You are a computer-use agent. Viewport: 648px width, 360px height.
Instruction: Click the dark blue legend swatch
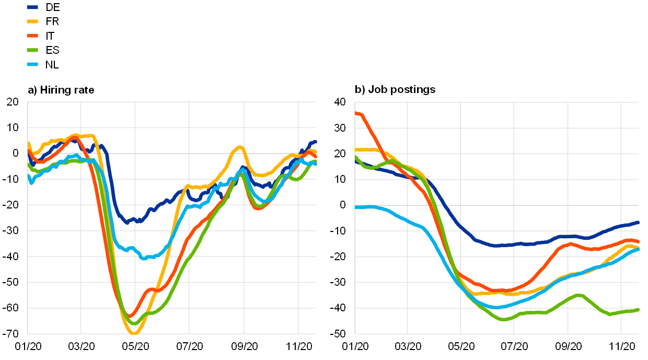pos(32,7)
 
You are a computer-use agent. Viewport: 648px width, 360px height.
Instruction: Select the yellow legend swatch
pos(32,21)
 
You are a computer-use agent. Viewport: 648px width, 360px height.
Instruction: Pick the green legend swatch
pos(32,50)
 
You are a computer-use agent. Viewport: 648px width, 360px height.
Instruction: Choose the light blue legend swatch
pos(32,64)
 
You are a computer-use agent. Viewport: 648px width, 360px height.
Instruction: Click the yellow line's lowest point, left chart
pos(134,332)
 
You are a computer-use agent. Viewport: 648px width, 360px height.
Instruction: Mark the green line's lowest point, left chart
pos(134,323)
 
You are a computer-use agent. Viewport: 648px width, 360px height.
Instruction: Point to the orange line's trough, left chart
pos(131,315)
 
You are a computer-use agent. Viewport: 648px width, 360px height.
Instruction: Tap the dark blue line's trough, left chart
pos(127,222)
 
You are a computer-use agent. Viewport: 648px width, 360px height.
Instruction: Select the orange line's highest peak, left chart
pos(75,137)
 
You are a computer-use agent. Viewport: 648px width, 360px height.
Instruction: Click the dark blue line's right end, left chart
pos(315,142)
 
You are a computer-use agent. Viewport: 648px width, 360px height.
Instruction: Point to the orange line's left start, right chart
pos(356,113)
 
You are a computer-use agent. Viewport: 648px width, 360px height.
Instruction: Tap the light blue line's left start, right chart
pos(356,207)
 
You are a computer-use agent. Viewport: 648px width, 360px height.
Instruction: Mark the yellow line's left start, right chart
pos(356,150)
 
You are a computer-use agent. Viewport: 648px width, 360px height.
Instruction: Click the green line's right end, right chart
pos(638,310)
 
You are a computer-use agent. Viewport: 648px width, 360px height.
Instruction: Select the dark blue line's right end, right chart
pos(638,223)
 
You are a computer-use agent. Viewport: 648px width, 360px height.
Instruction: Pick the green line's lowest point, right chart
pos(503,319)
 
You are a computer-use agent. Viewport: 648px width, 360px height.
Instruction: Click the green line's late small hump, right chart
pos(579,296)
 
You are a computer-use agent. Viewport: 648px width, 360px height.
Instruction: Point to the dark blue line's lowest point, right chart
pos(496,246)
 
